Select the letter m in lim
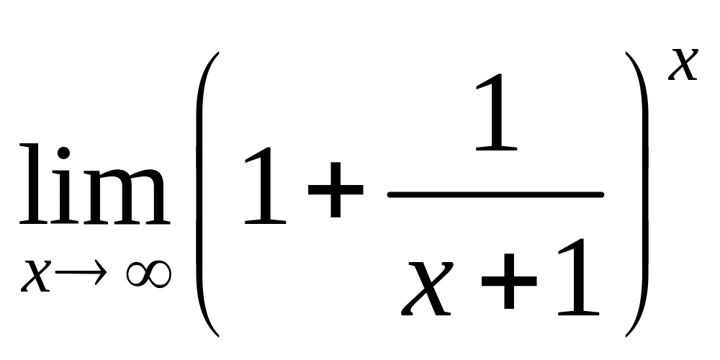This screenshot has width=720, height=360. tap(124, 196)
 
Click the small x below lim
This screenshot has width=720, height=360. tap(37, 275)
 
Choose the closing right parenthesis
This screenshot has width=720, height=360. tap(637, 194)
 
